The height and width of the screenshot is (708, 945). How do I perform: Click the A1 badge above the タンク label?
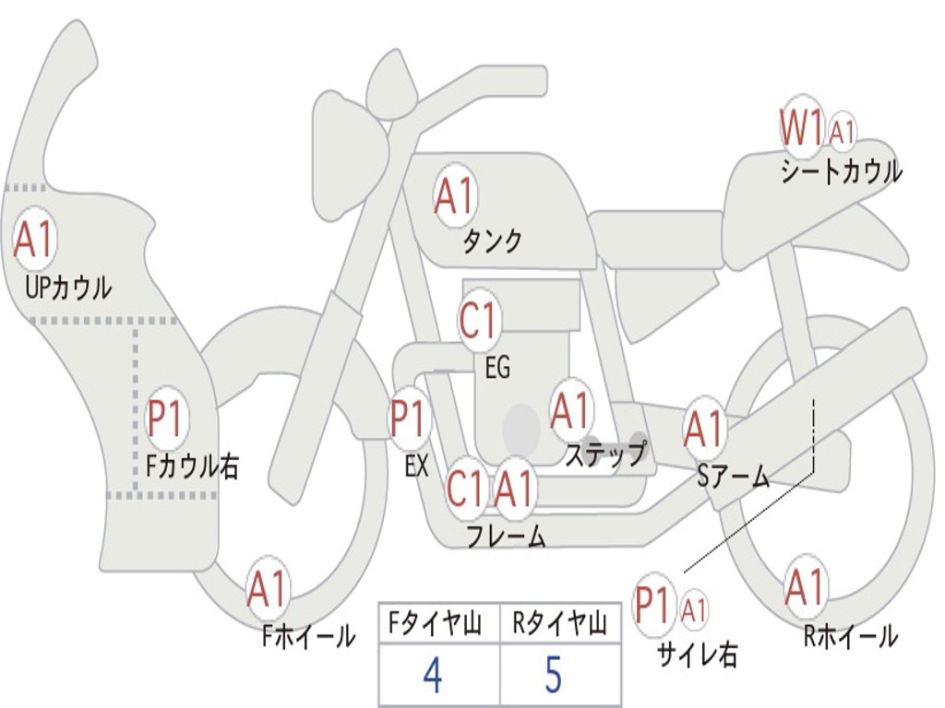[453, 195]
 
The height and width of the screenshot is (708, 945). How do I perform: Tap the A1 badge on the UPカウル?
[35, 240]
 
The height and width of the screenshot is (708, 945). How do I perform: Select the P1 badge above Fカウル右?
[167, 420]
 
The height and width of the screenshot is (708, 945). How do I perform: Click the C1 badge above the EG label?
[478, 322]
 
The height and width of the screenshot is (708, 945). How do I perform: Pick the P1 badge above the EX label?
[409, 419]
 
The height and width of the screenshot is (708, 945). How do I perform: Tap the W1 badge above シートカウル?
[800, 127]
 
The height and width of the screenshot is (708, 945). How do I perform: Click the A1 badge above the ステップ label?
[570, 411]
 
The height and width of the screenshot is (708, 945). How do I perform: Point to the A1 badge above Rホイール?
[805, 587]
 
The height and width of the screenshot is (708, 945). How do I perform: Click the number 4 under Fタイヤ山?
[432, 676]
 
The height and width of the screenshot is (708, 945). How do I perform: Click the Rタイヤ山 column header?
[559, 626]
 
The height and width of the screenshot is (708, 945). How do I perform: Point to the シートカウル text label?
[841, 172]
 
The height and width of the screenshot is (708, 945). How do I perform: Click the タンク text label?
[492, 242]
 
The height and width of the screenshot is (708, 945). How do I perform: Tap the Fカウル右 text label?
[193, 466]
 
